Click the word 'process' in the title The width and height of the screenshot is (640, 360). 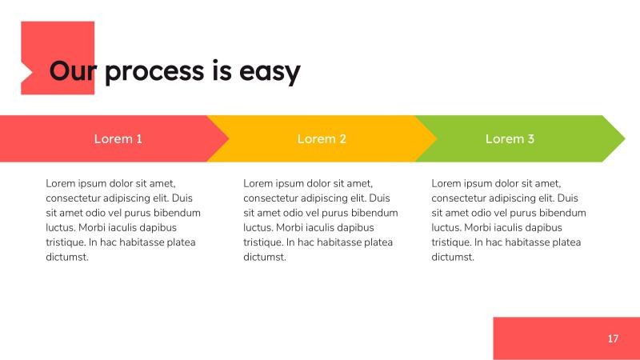[154, 72]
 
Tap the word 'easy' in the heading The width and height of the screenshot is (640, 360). [270, 72]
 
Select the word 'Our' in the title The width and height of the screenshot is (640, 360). [72, 71]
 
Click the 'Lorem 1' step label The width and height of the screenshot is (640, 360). [118, 139]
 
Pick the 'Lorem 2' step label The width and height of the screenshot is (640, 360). [322, 139]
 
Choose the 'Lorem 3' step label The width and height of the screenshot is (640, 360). [510, 139]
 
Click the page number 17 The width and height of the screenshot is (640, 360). [613, 338]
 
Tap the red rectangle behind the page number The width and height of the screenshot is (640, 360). [552, 338]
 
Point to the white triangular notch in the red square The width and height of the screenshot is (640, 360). [26, 72]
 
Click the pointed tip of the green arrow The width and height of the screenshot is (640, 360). [623, 138]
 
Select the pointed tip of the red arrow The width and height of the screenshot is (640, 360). [228, 138]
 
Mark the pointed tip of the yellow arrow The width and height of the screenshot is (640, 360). [436, 138]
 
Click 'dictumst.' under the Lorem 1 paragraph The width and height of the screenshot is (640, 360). [67, 257]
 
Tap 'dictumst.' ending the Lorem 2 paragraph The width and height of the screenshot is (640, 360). [265, 257]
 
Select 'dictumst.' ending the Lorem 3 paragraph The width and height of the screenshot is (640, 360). [453, 257]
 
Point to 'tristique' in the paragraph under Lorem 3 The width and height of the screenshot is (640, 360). [451, 242]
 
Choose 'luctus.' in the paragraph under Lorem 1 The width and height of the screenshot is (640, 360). [62, 228]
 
